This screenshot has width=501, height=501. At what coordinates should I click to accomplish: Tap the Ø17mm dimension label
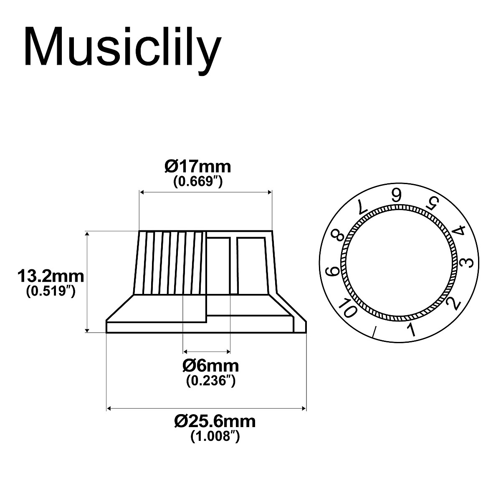pos(197,167)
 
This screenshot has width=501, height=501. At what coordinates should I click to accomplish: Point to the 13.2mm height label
pos(51,276)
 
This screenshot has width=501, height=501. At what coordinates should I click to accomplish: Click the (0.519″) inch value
pos(51,291)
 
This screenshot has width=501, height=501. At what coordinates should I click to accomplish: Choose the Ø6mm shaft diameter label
pos(210,366)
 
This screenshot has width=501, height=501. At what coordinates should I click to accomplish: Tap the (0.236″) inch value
pos(210,380)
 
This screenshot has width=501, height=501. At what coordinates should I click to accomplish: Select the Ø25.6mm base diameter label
pos(215,421)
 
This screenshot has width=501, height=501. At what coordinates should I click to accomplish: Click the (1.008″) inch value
pos(215,436)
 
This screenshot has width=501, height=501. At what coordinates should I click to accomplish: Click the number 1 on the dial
pos(411,330)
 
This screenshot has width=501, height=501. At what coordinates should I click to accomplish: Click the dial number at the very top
pos(396,195)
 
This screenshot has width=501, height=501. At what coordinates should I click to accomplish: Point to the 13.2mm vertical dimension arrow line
pos(87,282)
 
